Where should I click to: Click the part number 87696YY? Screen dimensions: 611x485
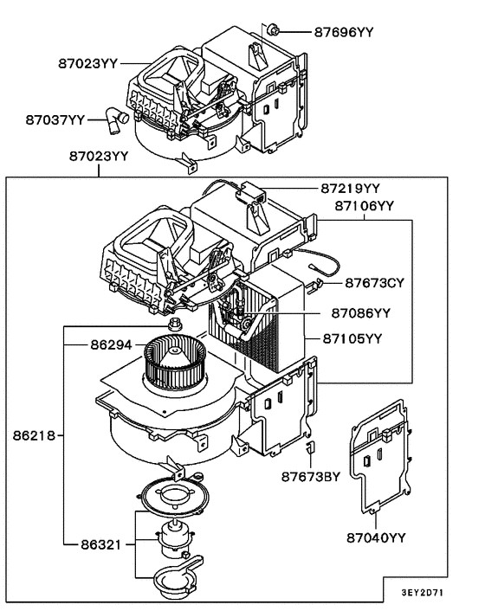(343, 31)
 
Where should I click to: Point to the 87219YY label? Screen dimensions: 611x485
(351, 188)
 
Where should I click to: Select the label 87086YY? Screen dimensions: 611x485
(350, 312)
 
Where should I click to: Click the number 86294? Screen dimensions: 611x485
(111, 344)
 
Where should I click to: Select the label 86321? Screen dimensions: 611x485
(97, 544)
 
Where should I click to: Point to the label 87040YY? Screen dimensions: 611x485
(375, 538)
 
